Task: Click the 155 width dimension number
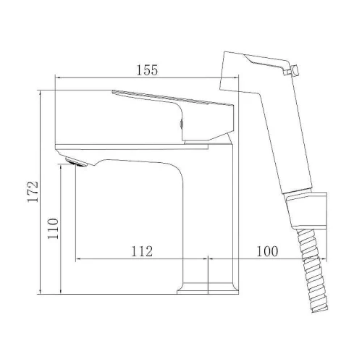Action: tap(147, 70)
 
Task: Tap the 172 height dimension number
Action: tap(33, 192)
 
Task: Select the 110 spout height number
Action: tap(53, 229)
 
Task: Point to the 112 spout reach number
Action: tap(142, 251)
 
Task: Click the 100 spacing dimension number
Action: tap(267, 251)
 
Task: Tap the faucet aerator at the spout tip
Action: tap(76, 161)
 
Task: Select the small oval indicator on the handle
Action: tap(182, 124)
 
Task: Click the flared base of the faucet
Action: tap(208, 289)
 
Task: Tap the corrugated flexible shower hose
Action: tap(312, 270)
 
